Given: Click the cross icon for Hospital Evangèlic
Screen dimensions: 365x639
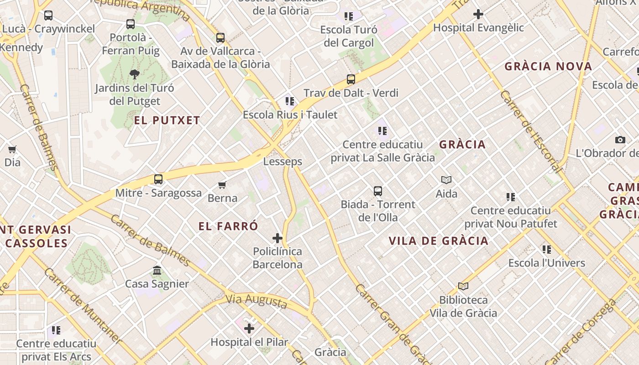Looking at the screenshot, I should coord(478,15).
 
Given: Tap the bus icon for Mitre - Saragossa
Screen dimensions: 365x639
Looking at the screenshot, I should coord(158,179).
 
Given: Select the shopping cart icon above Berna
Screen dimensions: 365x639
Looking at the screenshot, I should coord(222,185).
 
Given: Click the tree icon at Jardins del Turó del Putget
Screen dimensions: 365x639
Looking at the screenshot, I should coord(134,74).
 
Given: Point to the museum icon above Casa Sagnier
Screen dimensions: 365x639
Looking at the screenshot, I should coord(157,271).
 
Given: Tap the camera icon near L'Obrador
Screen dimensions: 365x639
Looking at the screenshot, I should coord(620,140).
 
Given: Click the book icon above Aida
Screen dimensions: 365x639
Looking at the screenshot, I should coord(446,180).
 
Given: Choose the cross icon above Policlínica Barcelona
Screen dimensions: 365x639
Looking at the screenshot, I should coord(278,238).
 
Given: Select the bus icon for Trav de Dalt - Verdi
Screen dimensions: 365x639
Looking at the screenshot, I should coord(351,79).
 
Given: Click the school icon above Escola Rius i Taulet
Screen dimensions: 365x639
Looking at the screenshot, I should coord(290,101).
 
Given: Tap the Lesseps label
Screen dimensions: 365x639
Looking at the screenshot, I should coord(283,162).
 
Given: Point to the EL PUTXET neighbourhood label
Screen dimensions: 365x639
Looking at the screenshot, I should coord(167,120).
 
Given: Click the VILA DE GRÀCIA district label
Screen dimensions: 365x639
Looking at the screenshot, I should coord(438,241).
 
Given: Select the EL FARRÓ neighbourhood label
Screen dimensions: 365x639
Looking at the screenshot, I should coord(228,226).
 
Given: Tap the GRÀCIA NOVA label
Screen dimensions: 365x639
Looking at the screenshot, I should coord(548,67).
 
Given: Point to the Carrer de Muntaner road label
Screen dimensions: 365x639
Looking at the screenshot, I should coord(83,305).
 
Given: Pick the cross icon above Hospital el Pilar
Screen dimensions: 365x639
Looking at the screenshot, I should coord(249,328).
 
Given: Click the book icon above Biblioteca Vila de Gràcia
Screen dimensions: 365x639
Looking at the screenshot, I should coord(463,287).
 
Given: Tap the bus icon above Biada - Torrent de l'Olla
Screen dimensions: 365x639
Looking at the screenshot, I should coord(378,191).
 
